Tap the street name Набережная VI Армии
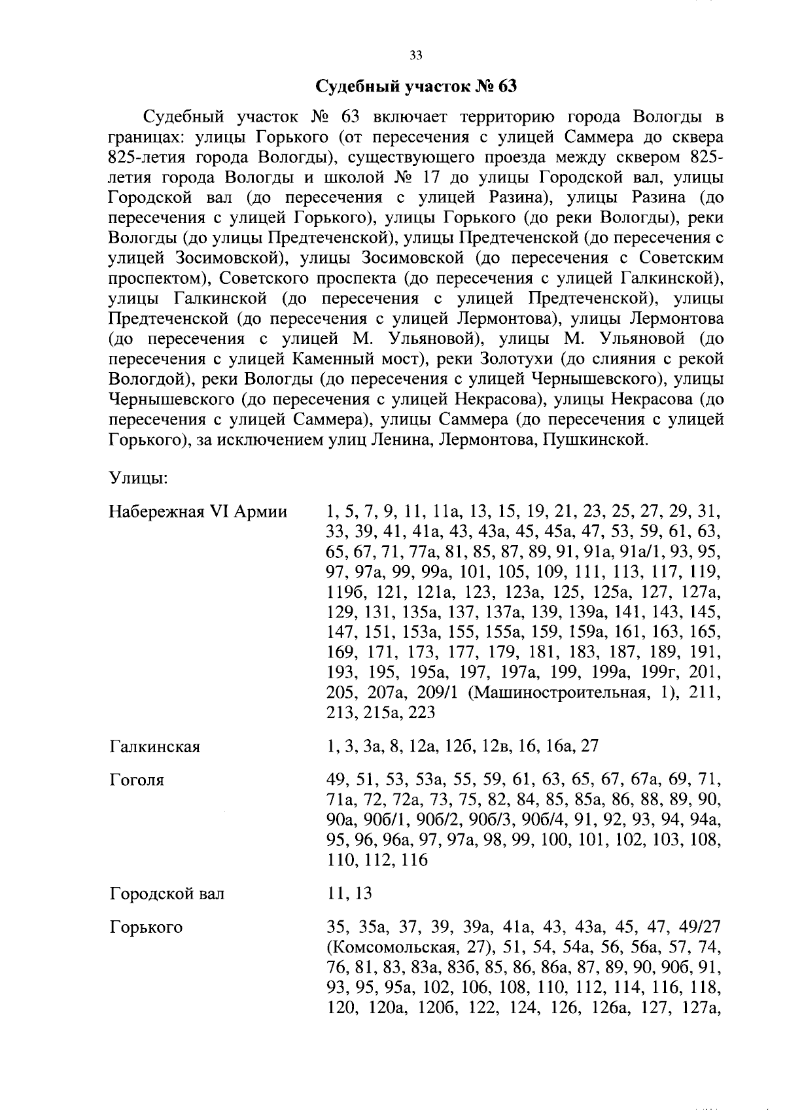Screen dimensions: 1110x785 [x=198, y=512]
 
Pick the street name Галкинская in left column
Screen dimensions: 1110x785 [x=155, y=746]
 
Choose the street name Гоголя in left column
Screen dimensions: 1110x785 [x=137, y=780]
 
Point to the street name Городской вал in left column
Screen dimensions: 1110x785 [x=167, y=893]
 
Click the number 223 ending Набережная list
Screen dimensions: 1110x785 [x=421, y=712]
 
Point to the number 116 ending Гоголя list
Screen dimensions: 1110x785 [x=414, y=860]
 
